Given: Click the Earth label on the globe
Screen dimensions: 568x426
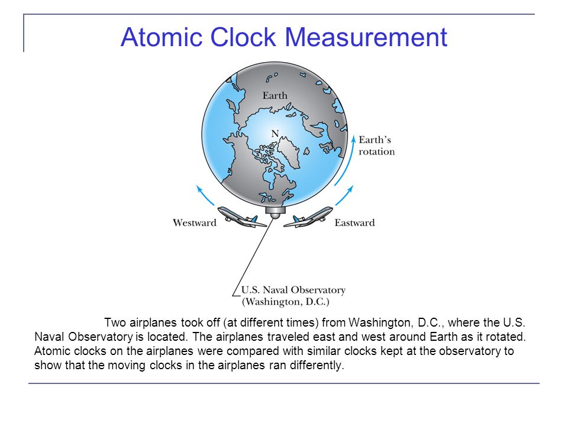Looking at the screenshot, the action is pos(275,96).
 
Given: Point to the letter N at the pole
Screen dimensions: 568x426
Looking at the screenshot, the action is pos(275,134).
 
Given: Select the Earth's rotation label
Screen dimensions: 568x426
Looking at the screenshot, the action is pos(377,146).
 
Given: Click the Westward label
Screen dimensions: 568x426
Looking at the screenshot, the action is pos(195,222).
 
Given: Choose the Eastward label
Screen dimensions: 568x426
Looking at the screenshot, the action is pos(354,222).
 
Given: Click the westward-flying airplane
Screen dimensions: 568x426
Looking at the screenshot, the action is pos(242,217).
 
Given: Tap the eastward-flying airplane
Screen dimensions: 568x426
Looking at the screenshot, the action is pos(308,217).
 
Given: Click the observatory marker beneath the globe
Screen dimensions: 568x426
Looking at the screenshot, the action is pos(275,212).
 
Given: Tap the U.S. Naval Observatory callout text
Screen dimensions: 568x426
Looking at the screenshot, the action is pos(293,290).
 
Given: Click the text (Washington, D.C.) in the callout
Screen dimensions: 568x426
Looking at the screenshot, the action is pos(285,302).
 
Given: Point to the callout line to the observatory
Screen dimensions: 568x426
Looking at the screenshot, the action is pos(254,257).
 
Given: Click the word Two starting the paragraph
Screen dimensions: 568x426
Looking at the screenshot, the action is pos(115,322).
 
